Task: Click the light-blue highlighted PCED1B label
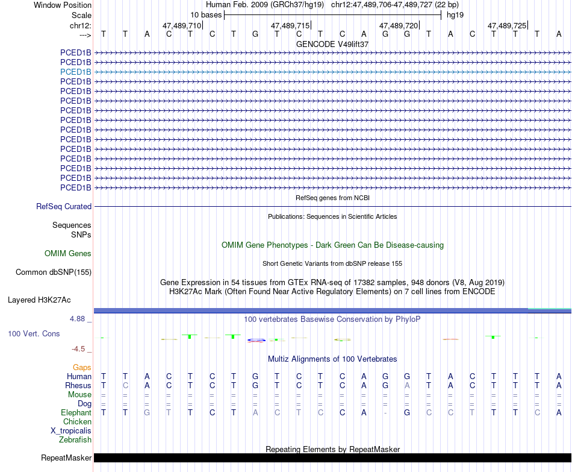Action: [76, 72]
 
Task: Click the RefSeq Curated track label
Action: [64, 207]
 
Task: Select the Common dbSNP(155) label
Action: [54, 272]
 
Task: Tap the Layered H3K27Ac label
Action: [39, 300]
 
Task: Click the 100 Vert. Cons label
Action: [34, 333]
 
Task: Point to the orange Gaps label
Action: [82, 367]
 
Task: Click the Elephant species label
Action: [76, 413]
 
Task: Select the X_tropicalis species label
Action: [71, 431]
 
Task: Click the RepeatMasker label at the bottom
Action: [66, 458]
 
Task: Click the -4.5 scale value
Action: [81, 349]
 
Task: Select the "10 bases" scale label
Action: [206, 14]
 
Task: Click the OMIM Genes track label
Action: [68, 254]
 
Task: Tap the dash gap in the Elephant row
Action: [385, 413]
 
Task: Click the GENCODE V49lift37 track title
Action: [332, 44]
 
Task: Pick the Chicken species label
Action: [78, 422]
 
